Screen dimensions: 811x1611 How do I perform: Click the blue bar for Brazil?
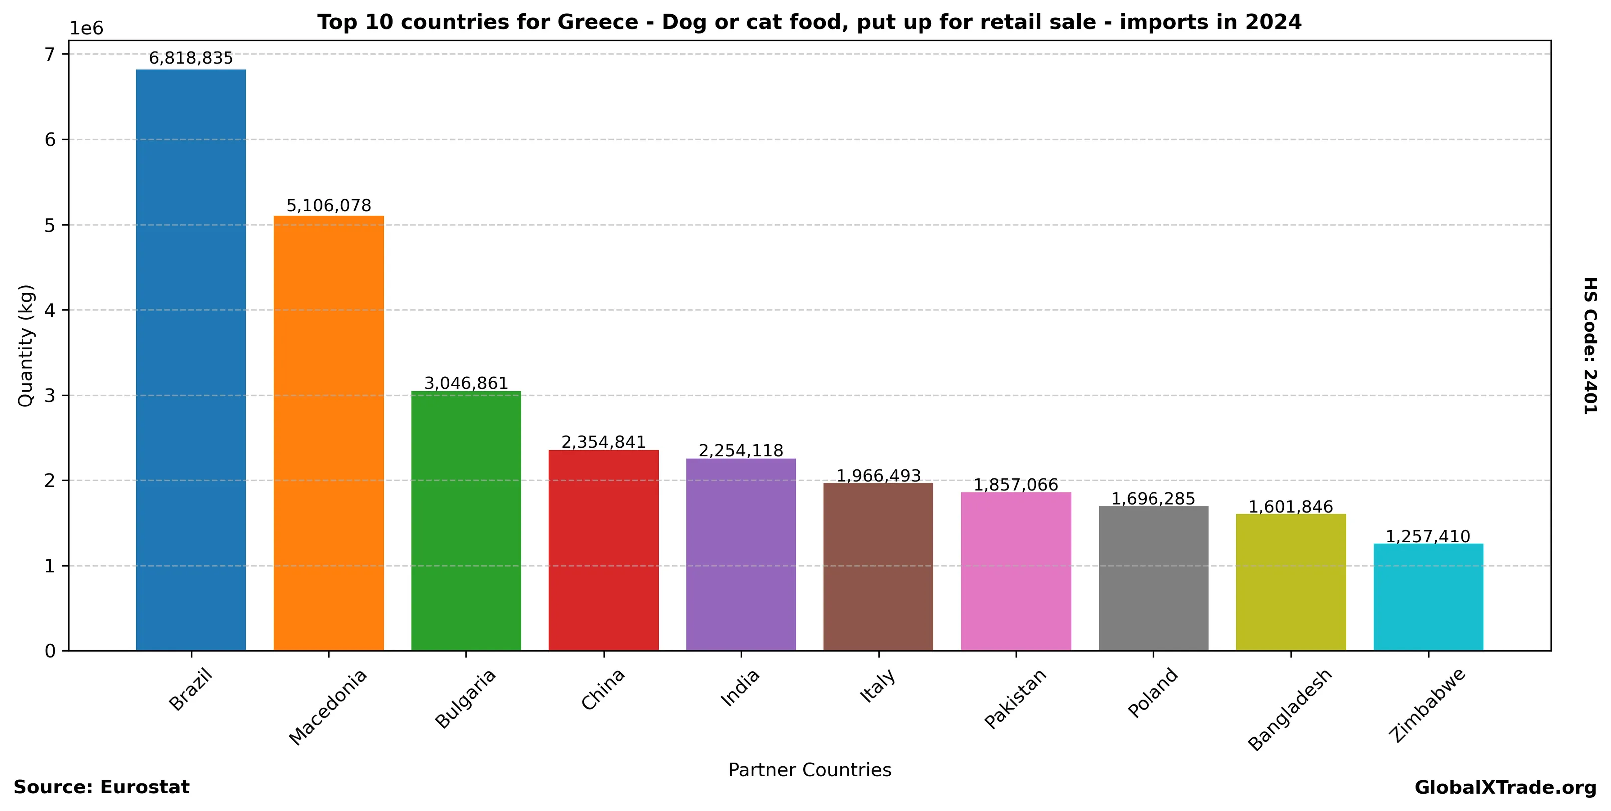[191, 360]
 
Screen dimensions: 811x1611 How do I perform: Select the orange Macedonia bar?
[328, 433]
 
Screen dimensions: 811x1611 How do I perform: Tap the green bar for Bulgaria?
[466, 521]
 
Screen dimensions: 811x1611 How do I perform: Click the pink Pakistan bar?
[1016, 571]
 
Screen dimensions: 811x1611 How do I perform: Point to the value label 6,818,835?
[191, 59]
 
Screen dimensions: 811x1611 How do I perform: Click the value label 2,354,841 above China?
[604, 442]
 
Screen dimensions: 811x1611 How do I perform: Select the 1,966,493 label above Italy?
[878, 476]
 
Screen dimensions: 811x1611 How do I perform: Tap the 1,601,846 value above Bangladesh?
[1291, 507]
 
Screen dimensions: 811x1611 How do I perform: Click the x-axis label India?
[741, 687]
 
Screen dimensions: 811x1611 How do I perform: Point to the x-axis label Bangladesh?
[1290, 709]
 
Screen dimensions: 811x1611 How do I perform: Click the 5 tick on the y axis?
[50, 225]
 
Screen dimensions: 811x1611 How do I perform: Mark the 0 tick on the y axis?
[50, 651]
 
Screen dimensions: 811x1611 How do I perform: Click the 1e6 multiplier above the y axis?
[86, 29]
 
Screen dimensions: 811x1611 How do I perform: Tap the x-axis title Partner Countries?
[809, 770]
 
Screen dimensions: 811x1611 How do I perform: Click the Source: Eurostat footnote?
[101, 787]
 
